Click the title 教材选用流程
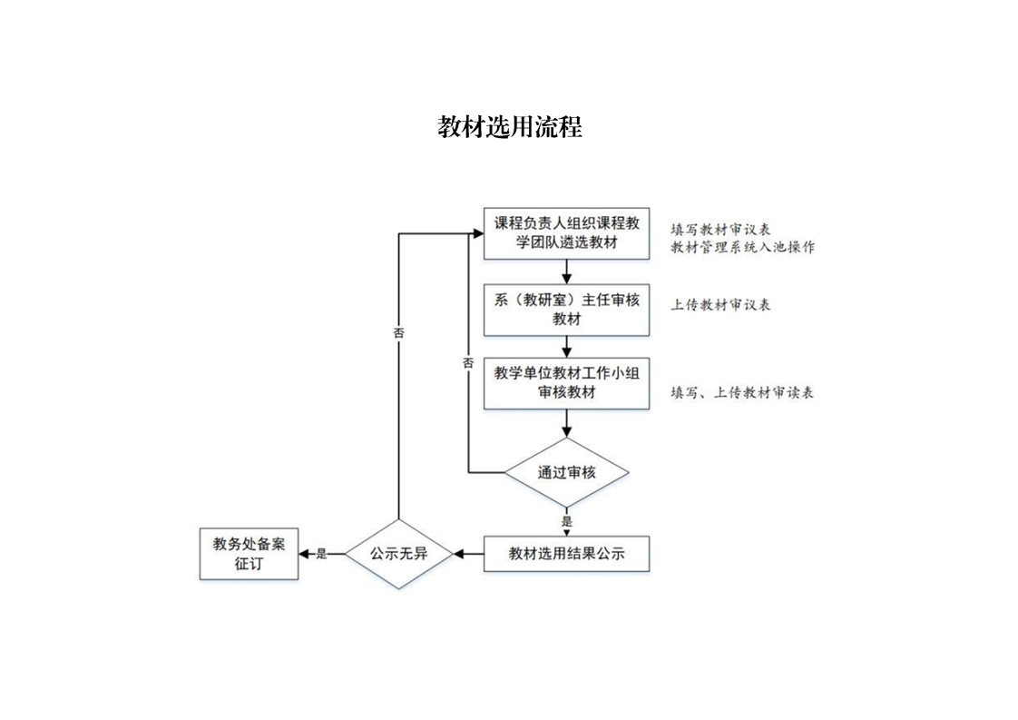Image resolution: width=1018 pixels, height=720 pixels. tap(509, 126)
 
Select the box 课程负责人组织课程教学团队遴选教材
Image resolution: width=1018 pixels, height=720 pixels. tap(566, 232)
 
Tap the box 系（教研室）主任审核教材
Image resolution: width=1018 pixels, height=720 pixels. tap(566, 309)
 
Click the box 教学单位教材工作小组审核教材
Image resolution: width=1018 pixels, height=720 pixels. tap(566, 382)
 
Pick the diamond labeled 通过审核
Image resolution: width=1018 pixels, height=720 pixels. tap(566, 472)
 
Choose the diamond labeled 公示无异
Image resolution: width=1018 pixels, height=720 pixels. tap(398, 552)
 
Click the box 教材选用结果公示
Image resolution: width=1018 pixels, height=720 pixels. tap(566, 553)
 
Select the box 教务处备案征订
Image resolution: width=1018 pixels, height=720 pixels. tap(249, 553)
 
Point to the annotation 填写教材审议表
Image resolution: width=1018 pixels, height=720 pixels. tap(721, 228)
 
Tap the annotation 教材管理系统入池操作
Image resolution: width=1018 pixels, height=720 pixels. tap(742, 247)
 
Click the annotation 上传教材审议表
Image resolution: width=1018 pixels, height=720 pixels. tap(721, 305)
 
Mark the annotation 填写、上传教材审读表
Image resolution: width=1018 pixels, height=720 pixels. tap(741, 392)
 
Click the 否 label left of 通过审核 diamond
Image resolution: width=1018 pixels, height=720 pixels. tap(468, 362)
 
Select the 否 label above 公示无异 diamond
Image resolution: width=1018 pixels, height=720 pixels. tap(398, 333)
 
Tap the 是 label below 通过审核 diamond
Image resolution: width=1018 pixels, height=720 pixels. tap(567, 521)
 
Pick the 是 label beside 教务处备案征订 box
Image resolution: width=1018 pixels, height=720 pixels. tap(320, 553)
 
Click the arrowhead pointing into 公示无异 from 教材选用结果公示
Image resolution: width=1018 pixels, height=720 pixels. tap(459, 553)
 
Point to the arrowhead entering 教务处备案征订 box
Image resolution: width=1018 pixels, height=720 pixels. tap(304, 553)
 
